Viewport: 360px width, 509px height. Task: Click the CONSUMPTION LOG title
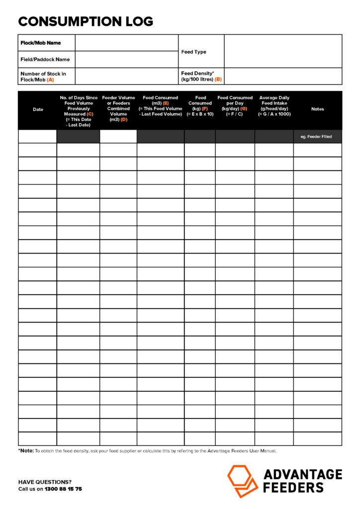coord(86,21)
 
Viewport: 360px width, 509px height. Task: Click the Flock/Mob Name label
coord(41,43)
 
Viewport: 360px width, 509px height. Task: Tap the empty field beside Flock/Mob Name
coord(126,43)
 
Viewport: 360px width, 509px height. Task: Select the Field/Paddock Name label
coord(45,60)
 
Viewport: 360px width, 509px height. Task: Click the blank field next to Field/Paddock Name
coord(126,60)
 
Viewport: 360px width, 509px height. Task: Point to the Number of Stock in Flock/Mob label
coord(43,77)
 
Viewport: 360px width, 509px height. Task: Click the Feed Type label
coord(194,52)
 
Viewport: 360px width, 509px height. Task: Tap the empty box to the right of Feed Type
coord(283,51)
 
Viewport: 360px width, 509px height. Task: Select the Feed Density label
coord(201,77)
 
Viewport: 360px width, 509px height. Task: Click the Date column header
coord(38,109)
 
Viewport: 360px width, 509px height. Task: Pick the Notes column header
coord(317,109)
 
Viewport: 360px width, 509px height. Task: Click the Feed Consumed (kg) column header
coord(200,106)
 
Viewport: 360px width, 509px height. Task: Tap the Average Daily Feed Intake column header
coord(274,106)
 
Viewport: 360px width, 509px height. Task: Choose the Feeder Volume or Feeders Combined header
coord(118,108)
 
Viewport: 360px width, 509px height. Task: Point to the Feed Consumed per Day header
coord(235,106)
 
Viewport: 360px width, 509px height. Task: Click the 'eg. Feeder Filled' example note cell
coord(317,137)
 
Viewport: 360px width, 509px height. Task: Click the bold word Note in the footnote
coord(26,451)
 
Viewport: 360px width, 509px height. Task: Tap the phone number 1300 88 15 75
coord(63,489)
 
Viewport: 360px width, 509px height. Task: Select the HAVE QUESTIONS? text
coord(45,482)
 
